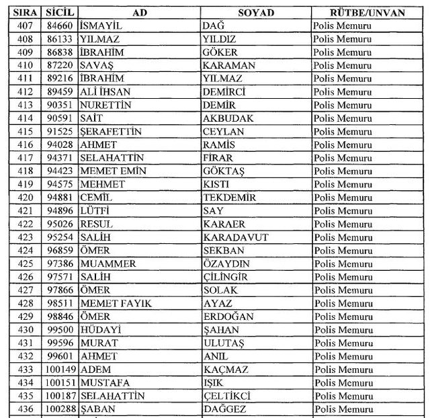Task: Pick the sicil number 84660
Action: pos(60,26)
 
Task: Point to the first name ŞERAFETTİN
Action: pos(110,132)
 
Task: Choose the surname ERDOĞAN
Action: pos(228,317)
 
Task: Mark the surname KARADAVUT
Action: pos(235,237)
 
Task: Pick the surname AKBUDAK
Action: pos(227,118)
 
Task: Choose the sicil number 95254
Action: pos(60,237)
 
